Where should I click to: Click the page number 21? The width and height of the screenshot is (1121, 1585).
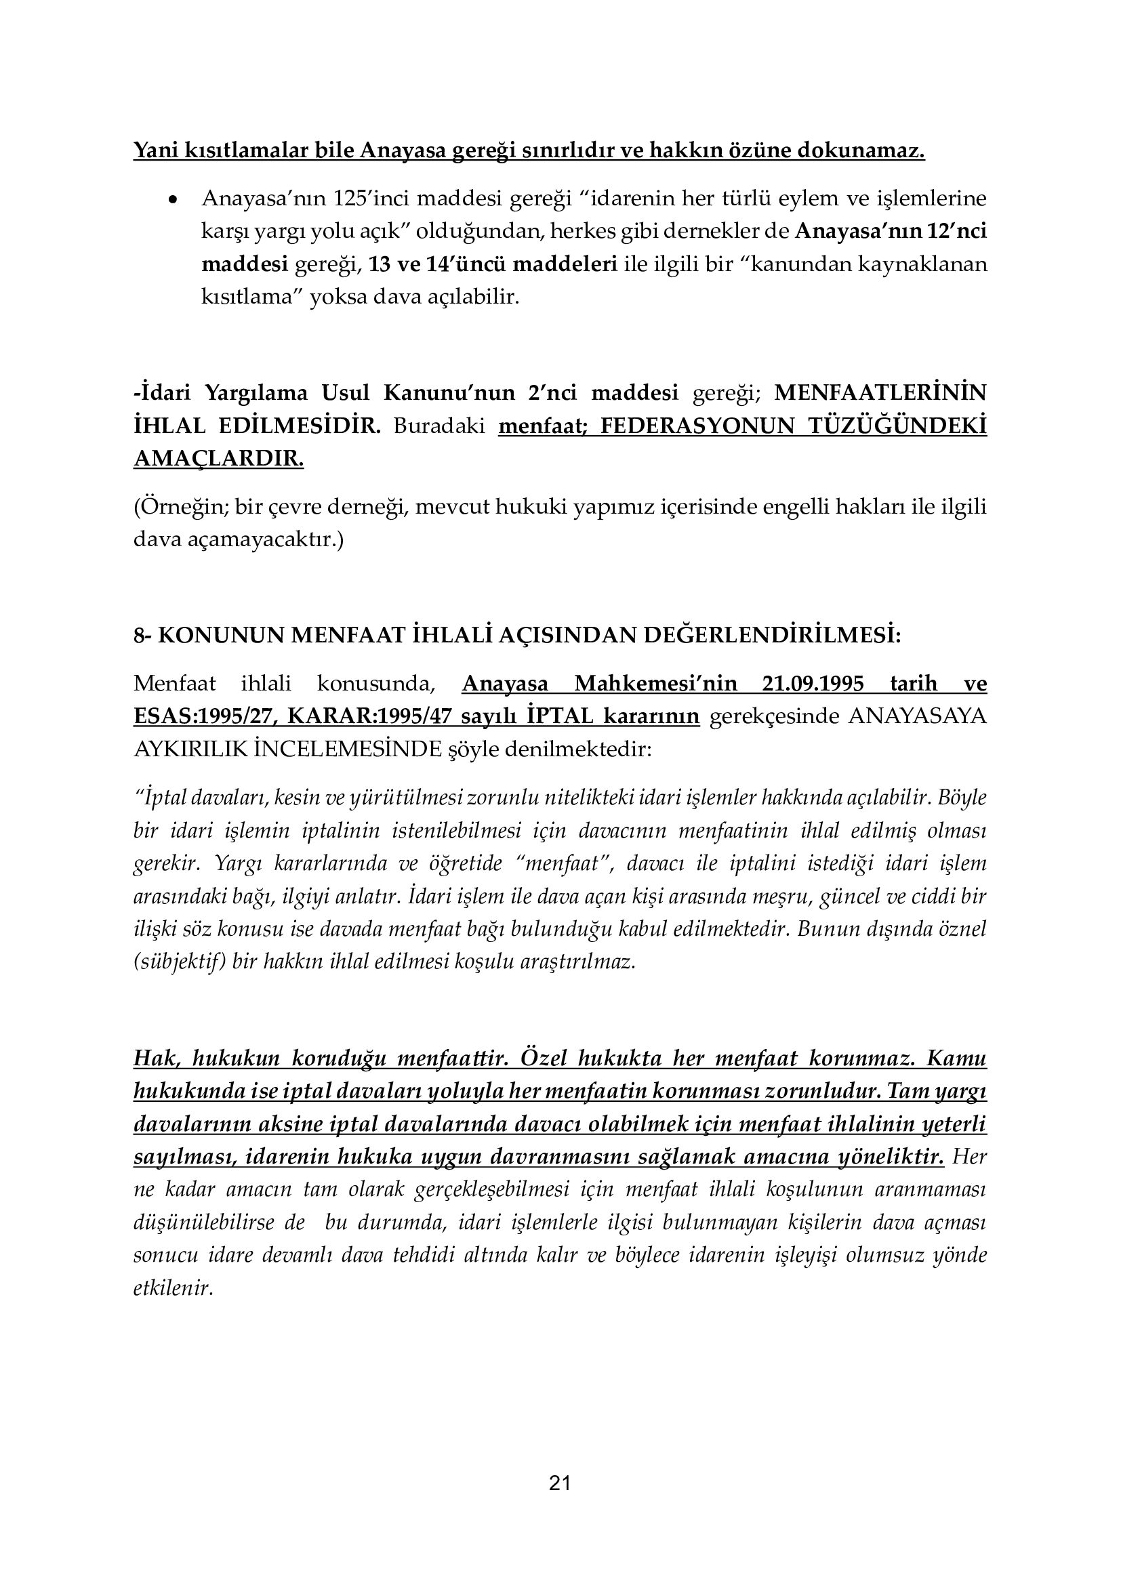click(560, 1482)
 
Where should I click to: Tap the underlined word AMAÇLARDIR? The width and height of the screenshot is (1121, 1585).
click(218, 458)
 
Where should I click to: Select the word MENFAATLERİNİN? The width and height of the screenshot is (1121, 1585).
click(880, 392)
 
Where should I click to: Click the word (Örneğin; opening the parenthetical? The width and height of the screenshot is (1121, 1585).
click(180, 508)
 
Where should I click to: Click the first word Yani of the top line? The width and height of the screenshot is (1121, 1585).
click(156, 150)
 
